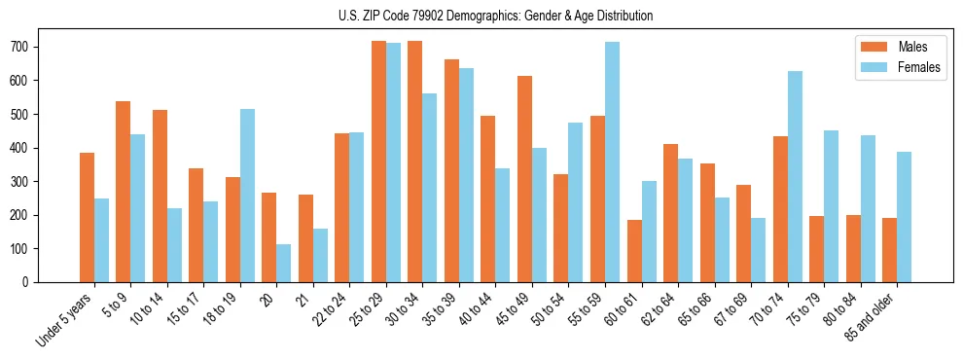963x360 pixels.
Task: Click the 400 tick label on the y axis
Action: (x=25, y=148)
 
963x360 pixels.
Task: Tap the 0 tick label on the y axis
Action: (x=31, y=282)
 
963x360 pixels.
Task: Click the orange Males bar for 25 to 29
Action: (x=378, y=162)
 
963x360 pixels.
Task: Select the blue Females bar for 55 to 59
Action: (x=612, y=162)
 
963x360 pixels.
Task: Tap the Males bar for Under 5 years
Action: (x=87, y=217)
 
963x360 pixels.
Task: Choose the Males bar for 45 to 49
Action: (x=524, y=179)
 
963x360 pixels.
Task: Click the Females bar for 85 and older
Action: (x=904, y=217)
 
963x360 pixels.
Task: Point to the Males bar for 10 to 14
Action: (x=160, y=196)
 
